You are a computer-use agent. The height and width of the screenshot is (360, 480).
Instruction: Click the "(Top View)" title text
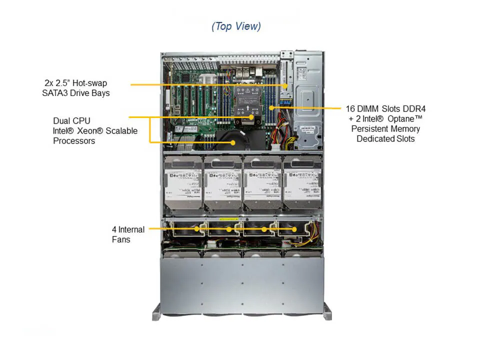pyautogui.click(x=236, y=26)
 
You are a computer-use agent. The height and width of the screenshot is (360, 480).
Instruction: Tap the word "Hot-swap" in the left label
pyautogui.click(x=89, y=83)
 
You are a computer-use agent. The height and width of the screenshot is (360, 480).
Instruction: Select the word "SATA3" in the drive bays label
pyautogui.click(x=56, y=93)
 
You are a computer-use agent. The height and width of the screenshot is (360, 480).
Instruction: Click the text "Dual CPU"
pyautogui.click(x=72, y=121)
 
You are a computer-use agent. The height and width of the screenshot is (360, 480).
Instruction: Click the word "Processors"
pyautogui.click(x=74, y=141)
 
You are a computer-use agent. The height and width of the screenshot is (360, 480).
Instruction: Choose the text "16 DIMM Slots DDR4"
pyautogui.click(x=385, y=108)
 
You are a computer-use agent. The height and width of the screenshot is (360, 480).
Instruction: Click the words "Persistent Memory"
pyautogui.click(x=385, y=128)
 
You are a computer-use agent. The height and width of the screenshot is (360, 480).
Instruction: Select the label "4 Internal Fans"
pyautogui.click(x=128, y=234)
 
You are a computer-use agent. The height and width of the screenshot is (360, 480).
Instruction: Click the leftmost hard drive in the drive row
pyautogui.click(x=182, y=183)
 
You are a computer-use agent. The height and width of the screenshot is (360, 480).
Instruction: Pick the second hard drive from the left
pyautogui.click(x=222, y=183)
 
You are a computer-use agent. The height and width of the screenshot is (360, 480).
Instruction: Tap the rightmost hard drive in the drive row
pyautogui.click(x=302, y=183)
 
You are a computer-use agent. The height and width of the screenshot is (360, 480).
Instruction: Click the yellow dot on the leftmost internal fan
pyautogui.click(x=198, y=229)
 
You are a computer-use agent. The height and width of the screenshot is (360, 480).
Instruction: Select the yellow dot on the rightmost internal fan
pyautogui.click(x=294, y=229)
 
